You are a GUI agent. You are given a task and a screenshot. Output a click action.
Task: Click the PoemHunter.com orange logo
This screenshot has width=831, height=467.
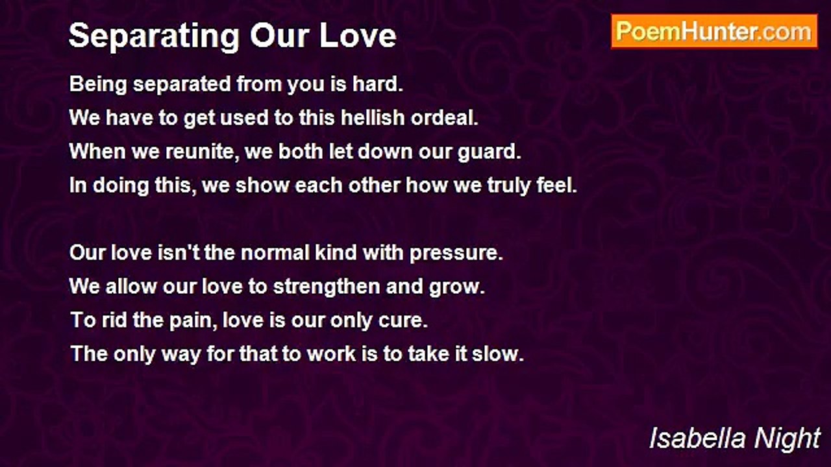pyautogui.click(x=714, y=32)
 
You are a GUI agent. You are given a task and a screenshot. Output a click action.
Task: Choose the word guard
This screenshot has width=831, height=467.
pyautogui.click(x=490, y=152)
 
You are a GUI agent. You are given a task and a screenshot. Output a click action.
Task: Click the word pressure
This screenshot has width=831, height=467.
pyautogui.click(x=456, y=254)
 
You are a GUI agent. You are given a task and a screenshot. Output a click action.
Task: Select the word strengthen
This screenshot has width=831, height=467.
pyautogui.click(x=327, y=287)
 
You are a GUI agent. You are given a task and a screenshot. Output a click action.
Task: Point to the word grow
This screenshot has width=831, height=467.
pyautogui.click(x=457, y=287)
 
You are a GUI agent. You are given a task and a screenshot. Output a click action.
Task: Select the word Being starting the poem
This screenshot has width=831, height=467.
pyautogui.click(x=98, y=84)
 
